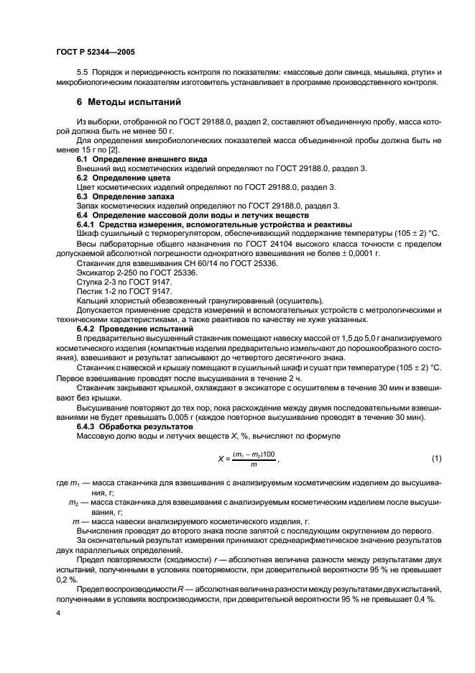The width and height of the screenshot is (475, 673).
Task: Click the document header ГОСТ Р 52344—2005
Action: coord(95,51)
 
